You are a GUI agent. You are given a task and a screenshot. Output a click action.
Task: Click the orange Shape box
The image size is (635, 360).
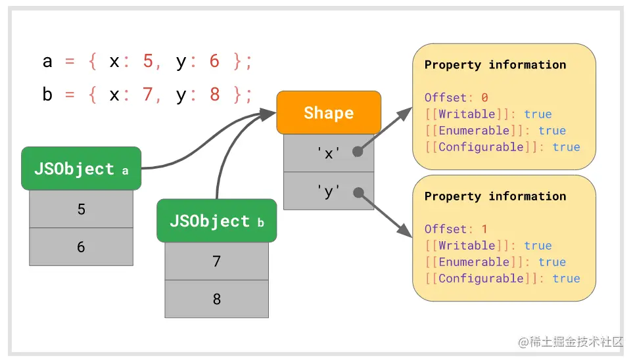coord(329,112)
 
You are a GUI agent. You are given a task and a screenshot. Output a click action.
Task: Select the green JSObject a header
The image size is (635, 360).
coord(81,168)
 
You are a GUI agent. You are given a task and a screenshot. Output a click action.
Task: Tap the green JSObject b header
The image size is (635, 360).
coord(217,221)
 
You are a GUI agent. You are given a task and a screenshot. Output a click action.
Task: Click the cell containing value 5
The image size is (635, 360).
coord(81,209)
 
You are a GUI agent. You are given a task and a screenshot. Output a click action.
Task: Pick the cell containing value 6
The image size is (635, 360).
coord(81,247)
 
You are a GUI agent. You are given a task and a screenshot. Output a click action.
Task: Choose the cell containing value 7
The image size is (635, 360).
coord(217,261)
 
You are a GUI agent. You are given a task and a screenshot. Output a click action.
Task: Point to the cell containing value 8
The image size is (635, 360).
coord(217,299)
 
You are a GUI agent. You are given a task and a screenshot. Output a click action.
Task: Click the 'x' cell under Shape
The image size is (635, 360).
coord(329,153)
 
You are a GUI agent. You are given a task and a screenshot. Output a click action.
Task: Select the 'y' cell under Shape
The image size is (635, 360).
coord(329,191)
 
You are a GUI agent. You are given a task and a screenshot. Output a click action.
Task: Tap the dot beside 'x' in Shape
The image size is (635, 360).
coord(358,152)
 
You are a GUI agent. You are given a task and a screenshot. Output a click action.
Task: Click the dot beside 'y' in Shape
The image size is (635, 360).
coord(358,192)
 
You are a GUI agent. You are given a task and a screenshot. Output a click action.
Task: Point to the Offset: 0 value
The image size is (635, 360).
coord(484,97)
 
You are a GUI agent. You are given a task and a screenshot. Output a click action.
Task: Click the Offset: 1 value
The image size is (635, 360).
coord(484,229)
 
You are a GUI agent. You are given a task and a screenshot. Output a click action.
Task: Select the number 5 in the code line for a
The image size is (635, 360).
coord(148,61)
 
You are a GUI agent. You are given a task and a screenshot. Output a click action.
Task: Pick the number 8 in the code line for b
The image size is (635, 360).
coord(215,94)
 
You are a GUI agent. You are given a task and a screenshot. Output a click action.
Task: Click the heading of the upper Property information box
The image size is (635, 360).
coord(495,65)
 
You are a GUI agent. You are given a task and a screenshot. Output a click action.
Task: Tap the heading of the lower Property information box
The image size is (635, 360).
coord(495,196)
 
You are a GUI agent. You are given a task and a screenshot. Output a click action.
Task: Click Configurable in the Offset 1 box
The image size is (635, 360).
coord(481,279)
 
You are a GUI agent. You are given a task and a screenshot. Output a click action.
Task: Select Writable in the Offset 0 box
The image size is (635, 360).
coord(467,114)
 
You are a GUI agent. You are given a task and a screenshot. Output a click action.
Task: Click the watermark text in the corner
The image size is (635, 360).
coord(571,342)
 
